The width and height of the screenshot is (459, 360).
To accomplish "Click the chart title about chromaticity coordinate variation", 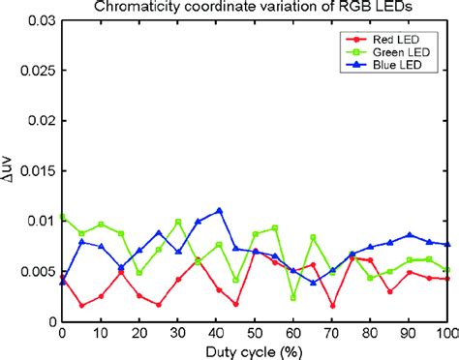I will point(254,9).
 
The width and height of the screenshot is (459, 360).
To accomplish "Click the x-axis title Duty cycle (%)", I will point(254,349).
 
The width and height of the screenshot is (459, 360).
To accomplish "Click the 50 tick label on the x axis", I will point(255,332).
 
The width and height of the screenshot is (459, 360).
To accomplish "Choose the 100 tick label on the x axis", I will point(446,332).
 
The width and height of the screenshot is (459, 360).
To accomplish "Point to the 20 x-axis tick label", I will point(139,332).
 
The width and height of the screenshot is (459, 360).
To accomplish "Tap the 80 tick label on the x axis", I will point(370,332).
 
